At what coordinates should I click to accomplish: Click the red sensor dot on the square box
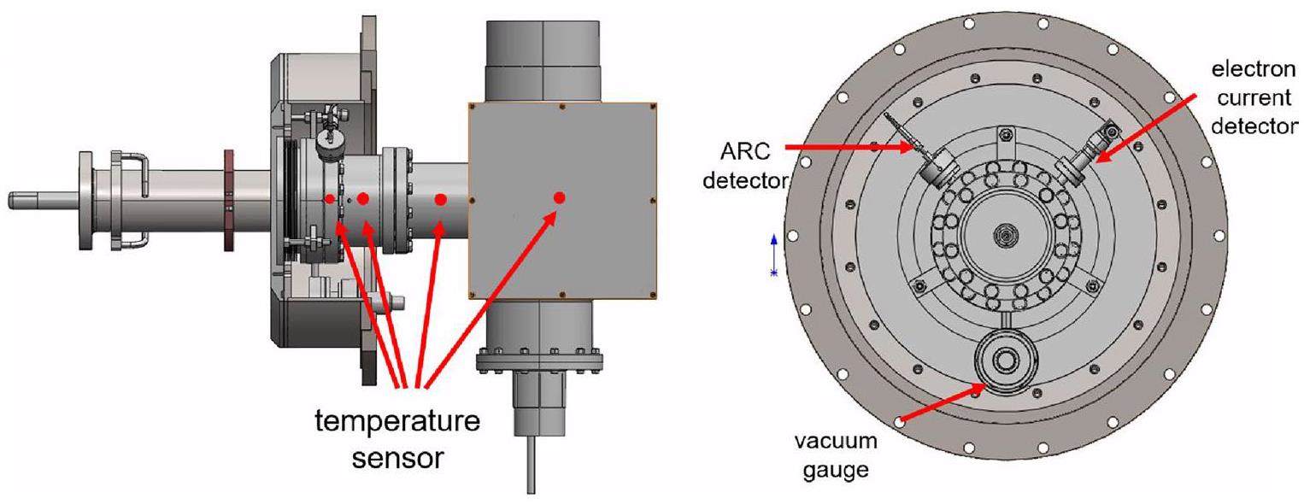click(559, 198)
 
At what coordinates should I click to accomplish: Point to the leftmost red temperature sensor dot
click(330, 199)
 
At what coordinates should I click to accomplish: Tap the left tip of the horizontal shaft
click(13, 200)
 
